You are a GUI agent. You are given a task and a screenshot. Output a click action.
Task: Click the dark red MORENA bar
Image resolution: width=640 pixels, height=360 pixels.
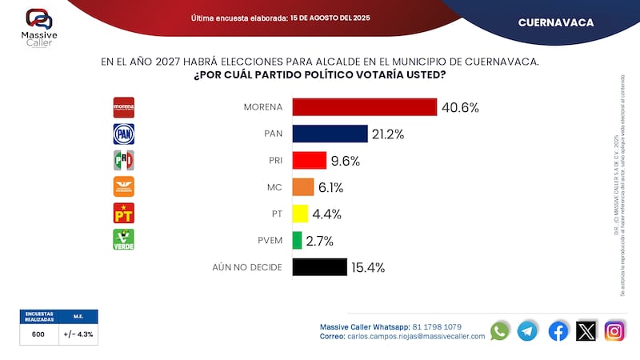[x=364, y=107]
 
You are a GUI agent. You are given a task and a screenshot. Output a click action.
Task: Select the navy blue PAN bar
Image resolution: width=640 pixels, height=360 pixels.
[x=330, y=134]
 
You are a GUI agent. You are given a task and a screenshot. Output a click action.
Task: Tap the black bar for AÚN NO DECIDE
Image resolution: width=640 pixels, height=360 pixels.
[x=319, y=267]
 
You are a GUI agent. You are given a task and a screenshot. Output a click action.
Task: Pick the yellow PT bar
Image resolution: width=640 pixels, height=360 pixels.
[x=300, y=214]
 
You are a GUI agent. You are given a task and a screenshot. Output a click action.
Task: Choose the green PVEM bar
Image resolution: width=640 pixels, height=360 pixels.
[x=297, y=240]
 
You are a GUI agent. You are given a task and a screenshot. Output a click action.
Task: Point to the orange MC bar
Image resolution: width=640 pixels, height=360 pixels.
[x=302, y=187]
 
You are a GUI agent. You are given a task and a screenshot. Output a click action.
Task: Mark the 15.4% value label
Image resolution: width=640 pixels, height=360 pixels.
[x=368, y=267]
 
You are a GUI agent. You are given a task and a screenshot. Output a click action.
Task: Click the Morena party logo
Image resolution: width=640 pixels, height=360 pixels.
[x=123, y=107]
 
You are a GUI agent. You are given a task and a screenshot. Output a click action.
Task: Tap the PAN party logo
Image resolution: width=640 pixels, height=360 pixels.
[x=123, y=134]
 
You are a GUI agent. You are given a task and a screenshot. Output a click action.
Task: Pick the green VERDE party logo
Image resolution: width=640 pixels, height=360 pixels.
[x=123, y=240]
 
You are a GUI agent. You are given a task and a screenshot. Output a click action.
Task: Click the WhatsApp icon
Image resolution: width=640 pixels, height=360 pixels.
[x=500, y=330]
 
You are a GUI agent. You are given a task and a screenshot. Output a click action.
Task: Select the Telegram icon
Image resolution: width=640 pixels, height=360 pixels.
[x=527, y=330]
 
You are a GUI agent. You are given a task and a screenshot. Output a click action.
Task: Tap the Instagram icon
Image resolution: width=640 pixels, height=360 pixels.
[x=614, y=330]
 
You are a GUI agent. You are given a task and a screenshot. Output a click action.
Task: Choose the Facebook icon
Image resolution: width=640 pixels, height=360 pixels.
[x=558, y=330]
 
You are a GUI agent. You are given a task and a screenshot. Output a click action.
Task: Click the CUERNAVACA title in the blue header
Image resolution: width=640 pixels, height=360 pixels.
[x=556, y=22]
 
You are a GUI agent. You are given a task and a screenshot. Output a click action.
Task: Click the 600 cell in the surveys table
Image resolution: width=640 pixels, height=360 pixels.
[x=38, y=336]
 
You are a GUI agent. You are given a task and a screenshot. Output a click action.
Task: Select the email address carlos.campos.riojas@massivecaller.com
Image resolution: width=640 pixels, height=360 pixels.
[x=416, y=337]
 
